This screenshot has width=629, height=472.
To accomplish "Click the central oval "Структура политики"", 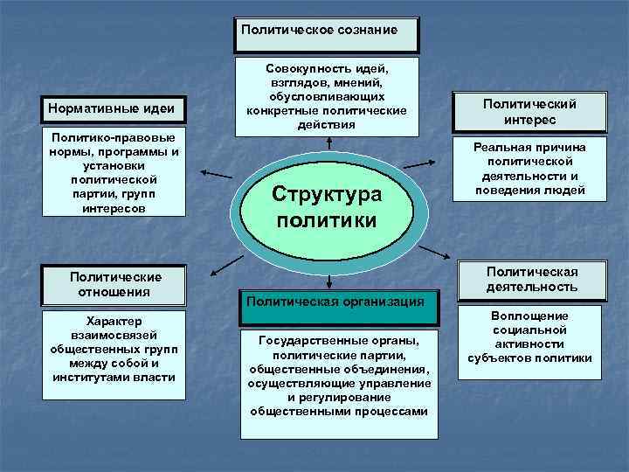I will (x=327, y=207).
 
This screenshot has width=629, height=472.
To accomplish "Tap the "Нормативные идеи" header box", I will (x=117, y=109).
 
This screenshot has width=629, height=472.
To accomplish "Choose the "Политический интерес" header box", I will (x=530, y=112).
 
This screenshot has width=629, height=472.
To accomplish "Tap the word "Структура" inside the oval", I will (x=327, y=192).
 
